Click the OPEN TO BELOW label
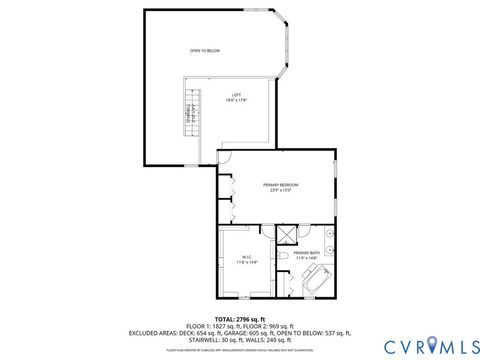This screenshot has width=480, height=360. point(204,50)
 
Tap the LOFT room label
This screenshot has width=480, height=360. point(231,94)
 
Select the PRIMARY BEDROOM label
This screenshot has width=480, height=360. point(281,185)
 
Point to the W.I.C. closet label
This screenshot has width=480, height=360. point(244,257)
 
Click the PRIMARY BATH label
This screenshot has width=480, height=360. point(307,253)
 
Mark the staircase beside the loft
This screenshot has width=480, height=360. point(188,116)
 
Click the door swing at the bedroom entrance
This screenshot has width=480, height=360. point(224,158)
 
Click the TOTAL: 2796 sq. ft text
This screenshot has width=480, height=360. point(240,318)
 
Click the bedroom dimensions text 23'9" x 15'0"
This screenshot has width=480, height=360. point(281,191)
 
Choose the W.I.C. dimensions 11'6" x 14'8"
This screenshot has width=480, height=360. point(244,262)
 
